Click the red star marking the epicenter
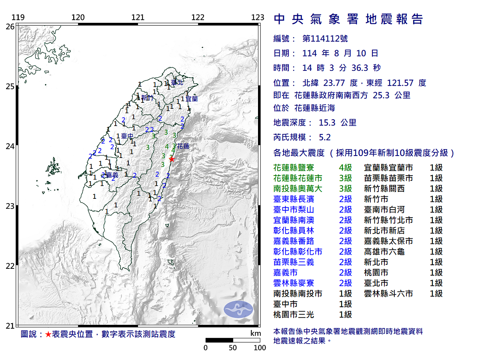pos(172,159)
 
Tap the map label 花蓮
pos(183,146)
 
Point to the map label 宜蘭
pos(192,98)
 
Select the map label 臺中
pos(127,136)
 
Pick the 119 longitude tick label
pos(17,17)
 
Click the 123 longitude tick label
pos(258,17)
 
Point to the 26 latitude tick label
pos(10,26)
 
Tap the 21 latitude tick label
pos(10,326)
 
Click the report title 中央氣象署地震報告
pos(348,19)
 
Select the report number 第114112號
pos(325,39)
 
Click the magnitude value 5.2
pos(325,138)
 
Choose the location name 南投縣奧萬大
pos(298,188)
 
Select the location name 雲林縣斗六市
pos(388,294)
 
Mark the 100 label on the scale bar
pos(260,348)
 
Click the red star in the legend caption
pos(48,334)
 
